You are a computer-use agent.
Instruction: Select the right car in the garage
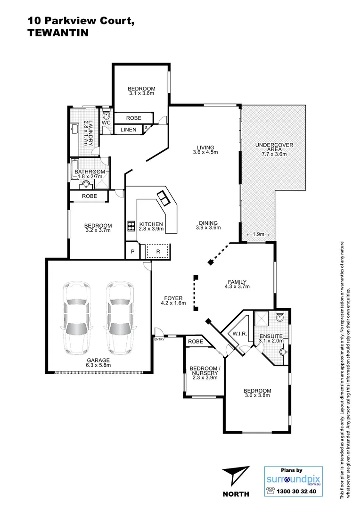tap(120, 318)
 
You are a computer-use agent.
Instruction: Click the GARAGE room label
tap(98, 360)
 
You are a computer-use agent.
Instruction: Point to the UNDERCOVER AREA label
tap(274, 148)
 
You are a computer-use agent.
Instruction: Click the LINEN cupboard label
tap(128, 130)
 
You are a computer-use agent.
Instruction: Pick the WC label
tap(106, 123)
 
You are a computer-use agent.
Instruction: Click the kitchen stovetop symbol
tap(129, 226)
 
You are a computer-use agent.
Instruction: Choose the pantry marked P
tap(133, 252)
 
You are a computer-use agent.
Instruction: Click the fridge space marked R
tap(158, 252)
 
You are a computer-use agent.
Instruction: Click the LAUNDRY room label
tap(88, 132)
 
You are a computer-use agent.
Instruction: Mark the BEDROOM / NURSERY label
tap(204, 371)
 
